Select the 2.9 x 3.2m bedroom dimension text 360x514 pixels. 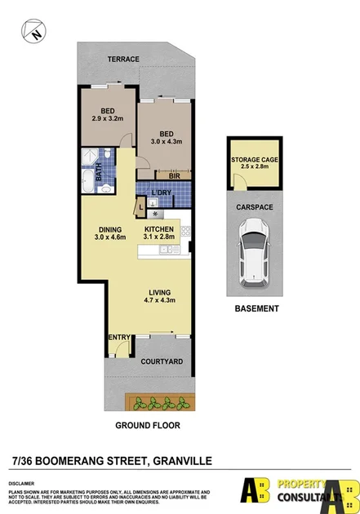(106, 119)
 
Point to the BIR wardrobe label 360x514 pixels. (173, 175)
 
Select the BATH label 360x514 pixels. (99, 171)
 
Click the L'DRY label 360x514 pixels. (162, 192)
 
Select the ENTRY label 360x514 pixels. (118, 337)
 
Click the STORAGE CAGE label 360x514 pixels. (255, 160)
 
